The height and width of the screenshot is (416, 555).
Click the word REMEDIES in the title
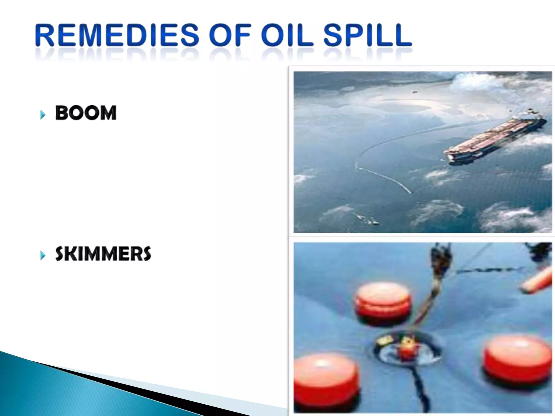(117, 35)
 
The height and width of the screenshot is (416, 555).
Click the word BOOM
(86, 113)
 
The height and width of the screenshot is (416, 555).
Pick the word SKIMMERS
(103, 254)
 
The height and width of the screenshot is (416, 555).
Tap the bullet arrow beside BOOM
(43, 115)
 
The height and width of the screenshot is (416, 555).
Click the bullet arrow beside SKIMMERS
(43, 255)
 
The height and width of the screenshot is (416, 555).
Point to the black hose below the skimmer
(420, 387)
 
